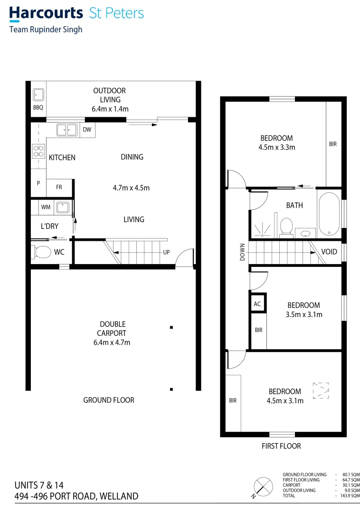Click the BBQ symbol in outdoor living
pyautogui.click(x=38, y=95)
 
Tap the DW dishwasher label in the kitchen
pyautogui.click(x=87, y=129)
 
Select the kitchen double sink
pyautogui.click(x=67, y=129)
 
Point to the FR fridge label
pyautogui.click(x=59, y=187)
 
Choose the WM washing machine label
pyautogui.click(x=46, y=207)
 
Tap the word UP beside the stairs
pyautogui.click(x=166, y=252)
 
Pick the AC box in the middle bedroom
pyautogui.click(x=257, y=304)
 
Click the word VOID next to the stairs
pyautogui.click(x=329, y=251)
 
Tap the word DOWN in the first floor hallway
pyautogui.click(x=242, y=252)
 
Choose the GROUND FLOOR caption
pyautogui.click(x=109, y=400)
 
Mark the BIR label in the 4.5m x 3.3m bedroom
pyautogui.click(x=332, y=144)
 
